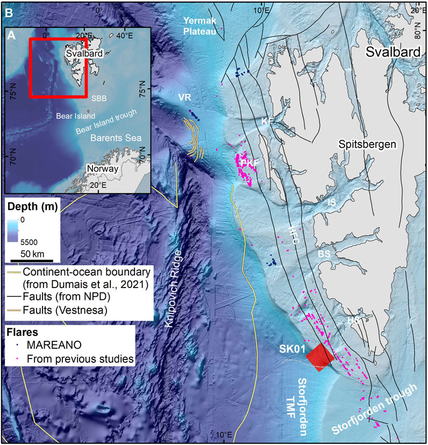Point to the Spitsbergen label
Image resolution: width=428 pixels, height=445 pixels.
(367, 144)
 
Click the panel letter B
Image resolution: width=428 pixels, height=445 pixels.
(8, 10)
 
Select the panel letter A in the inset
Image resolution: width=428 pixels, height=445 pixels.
(12, 36)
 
